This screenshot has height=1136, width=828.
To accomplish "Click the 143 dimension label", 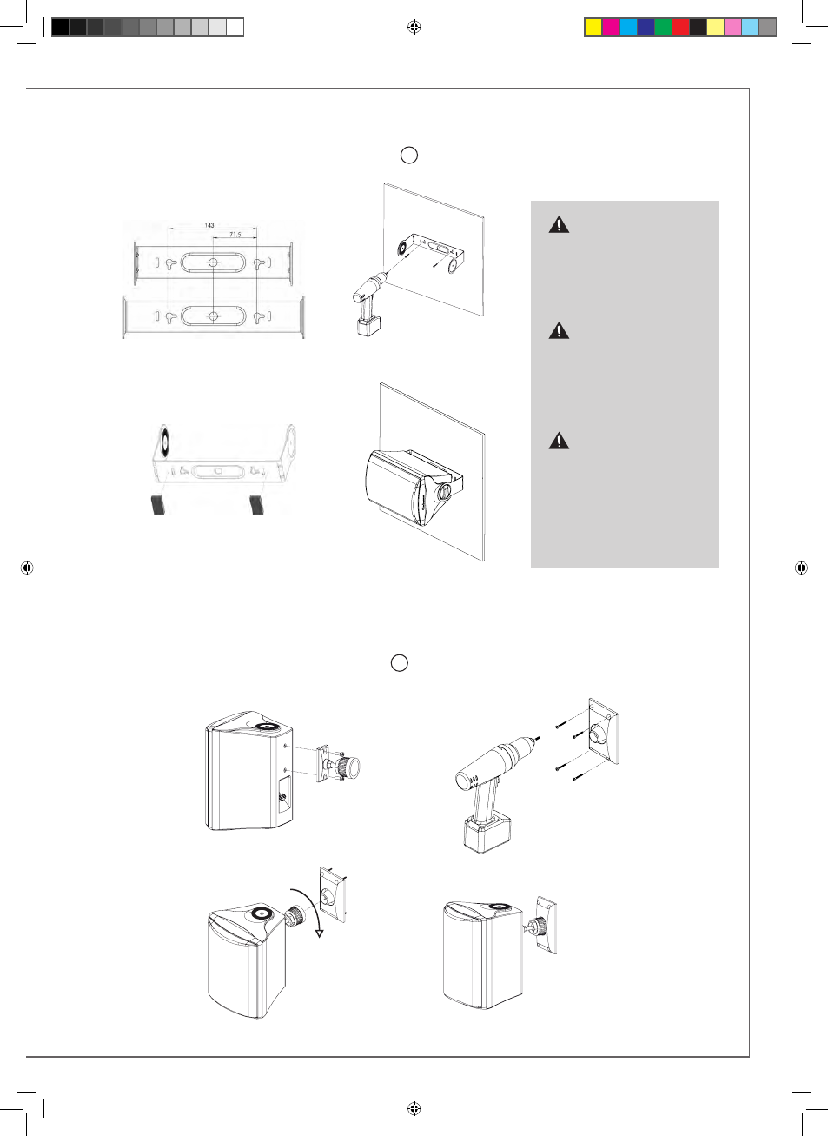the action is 209,225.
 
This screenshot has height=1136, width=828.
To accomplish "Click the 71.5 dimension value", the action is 235,235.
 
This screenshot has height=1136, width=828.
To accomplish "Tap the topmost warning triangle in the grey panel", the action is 559,224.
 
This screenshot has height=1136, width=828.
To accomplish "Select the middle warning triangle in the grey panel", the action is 559,330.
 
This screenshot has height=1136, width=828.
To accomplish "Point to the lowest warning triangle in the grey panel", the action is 559,441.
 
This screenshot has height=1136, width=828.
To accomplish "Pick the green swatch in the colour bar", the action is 663,27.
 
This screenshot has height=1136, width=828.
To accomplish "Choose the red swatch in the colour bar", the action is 680,27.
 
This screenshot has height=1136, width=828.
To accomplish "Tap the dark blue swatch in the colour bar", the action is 646,27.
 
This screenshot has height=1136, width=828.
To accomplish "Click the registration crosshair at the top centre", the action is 414,27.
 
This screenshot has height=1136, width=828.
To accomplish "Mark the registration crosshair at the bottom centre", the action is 414,1108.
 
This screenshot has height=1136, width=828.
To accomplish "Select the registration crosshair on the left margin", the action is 27,568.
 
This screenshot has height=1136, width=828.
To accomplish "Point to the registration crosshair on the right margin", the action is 801,568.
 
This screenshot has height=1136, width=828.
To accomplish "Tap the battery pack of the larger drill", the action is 487,831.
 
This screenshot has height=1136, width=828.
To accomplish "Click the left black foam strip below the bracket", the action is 158,505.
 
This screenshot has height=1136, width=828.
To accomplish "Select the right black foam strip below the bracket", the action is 257,505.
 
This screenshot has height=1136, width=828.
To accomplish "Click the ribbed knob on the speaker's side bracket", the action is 349,767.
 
